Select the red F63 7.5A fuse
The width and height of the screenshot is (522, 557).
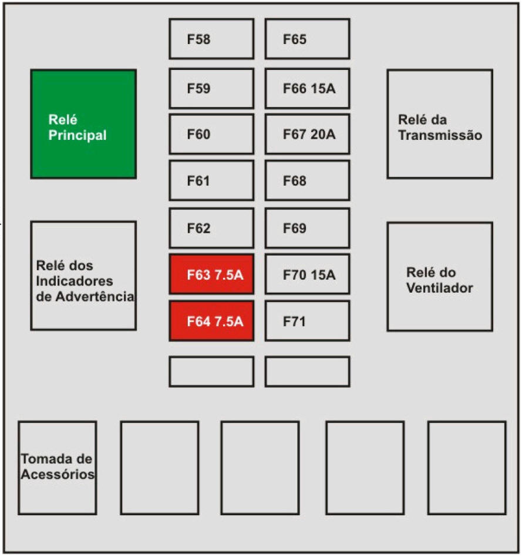click(x=211, y=274)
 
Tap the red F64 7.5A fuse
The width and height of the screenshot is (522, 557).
click(x=211, y=321)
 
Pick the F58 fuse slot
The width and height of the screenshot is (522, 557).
click(x=211, y=39)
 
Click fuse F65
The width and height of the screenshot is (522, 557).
click(x=307, y=39)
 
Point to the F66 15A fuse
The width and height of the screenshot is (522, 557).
click(x=307, y=89)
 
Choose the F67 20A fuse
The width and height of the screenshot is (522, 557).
click(x=307, y=135)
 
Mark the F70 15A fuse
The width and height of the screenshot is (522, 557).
click(x=307, y=274)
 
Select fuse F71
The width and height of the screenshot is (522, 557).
click(x=307, y=321)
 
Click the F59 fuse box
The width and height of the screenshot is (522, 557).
click(x=211, y=89)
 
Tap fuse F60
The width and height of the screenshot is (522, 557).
click(x=211, y=135)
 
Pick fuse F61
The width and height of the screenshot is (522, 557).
click(x=211, y=181)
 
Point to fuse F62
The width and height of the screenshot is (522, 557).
click(x=211, y=228)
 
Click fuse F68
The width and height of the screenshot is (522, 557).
click(x=307, y=181)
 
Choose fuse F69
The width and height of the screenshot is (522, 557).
click(x=307, y=228)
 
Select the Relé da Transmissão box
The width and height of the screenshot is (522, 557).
click(x=439, y=125)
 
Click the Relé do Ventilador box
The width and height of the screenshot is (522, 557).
click(x=439, y=277)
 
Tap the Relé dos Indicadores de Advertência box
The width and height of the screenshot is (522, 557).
click(x=83, y=276)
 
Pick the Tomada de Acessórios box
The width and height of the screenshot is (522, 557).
click(x=57, y=468)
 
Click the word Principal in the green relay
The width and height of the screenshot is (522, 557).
click(x=78, y=135)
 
